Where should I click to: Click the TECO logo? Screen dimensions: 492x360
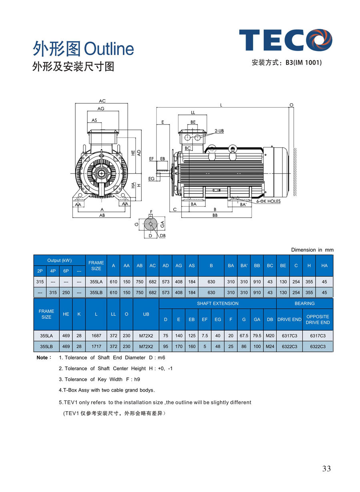click(286, 40)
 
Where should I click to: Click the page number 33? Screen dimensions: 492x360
click(326, 469)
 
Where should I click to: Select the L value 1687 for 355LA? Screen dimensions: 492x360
click(96, 336)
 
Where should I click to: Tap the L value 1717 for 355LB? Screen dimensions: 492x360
click(96, 346)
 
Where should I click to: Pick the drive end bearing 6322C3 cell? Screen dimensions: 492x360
click(289, 346)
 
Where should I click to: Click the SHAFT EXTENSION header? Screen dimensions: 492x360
click(218, 304)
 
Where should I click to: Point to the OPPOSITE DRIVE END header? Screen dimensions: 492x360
click(318, 319)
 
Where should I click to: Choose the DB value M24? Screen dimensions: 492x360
click(270, 346)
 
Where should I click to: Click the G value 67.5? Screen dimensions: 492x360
click(244, 336)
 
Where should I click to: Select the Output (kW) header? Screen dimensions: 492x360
click(59, 260)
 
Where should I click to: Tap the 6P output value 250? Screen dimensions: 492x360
click(66, 292)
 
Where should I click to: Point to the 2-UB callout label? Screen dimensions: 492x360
click(219, 131)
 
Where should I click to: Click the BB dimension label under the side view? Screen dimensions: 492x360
click(215, 215)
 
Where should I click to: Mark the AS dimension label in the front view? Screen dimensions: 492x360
click(94, 120)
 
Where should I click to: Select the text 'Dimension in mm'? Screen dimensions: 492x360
click(312, 250)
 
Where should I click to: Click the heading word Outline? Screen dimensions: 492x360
click(109, 49)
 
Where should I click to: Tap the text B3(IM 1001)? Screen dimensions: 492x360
click(304, 62)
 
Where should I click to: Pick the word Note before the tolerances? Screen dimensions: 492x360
click(42, 358)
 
